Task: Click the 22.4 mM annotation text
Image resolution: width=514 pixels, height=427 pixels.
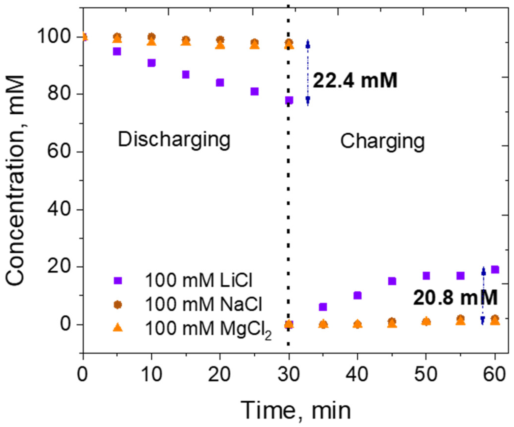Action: tap(355, 81)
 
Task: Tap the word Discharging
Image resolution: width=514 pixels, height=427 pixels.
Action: tap(174, 139)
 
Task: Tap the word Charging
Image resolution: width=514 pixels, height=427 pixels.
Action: tap(382, 141)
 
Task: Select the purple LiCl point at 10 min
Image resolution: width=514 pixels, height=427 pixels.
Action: tap(151, 63)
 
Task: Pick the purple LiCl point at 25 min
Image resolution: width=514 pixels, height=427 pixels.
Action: tap(254, 92)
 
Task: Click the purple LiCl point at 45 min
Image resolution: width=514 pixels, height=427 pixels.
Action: tap(392, 281)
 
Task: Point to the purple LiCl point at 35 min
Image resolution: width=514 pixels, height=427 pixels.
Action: tap(323, 307)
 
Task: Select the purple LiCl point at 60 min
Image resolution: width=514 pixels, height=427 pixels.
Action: tap(495, 270)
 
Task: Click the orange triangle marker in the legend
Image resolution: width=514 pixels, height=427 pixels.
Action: tap(118, 328)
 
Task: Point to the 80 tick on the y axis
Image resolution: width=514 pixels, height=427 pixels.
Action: tap(60, 94)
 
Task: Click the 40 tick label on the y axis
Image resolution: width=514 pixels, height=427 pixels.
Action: tap(60, 209)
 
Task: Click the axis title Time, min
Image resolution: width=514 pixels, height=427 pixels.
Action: tap(295, 410)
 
